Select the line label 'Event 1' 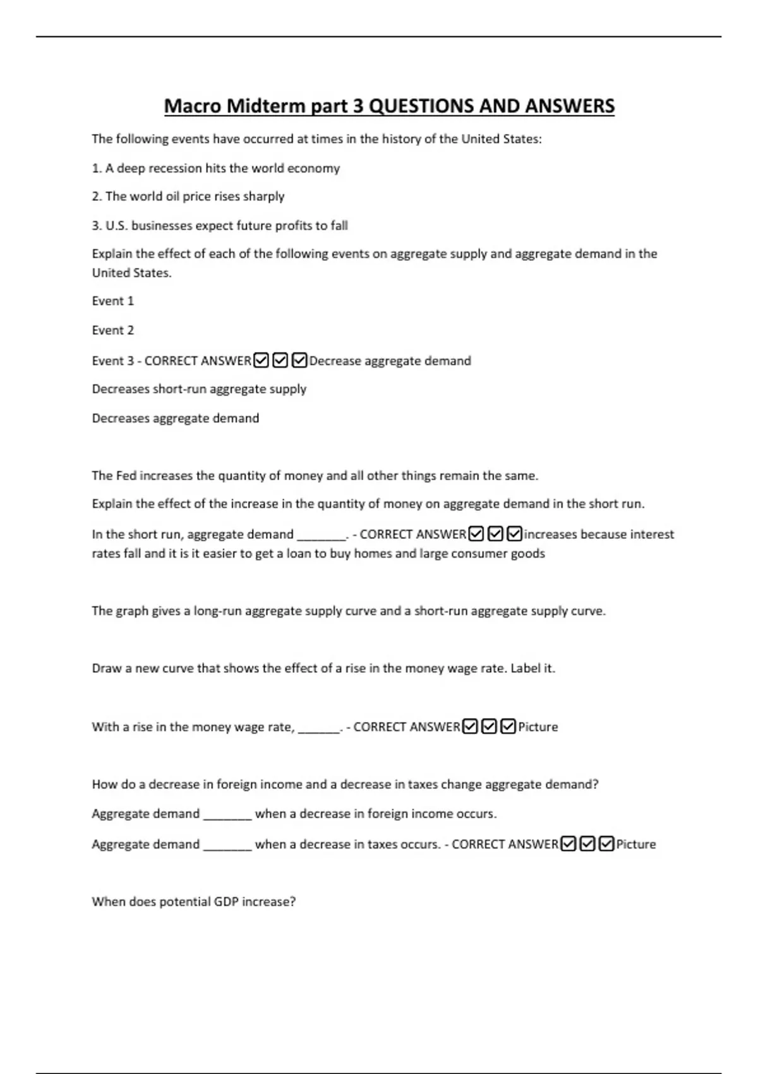coord(113,301)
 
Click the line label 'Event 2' coord(113,330)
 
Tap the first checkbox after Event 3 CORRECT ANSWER coord(261,361)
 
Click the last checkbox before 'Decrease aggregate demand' coord(299,361)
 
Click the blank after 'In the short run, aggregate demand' coord(321,535)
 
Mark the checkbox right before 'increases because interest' coord(514,534)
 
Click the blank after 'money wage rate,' coord(319,728)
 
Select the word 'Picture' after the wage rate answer coord(538,727)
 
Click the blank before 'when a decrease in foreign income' coord(227,814)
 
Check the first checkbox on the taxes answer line coord(568,844)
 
